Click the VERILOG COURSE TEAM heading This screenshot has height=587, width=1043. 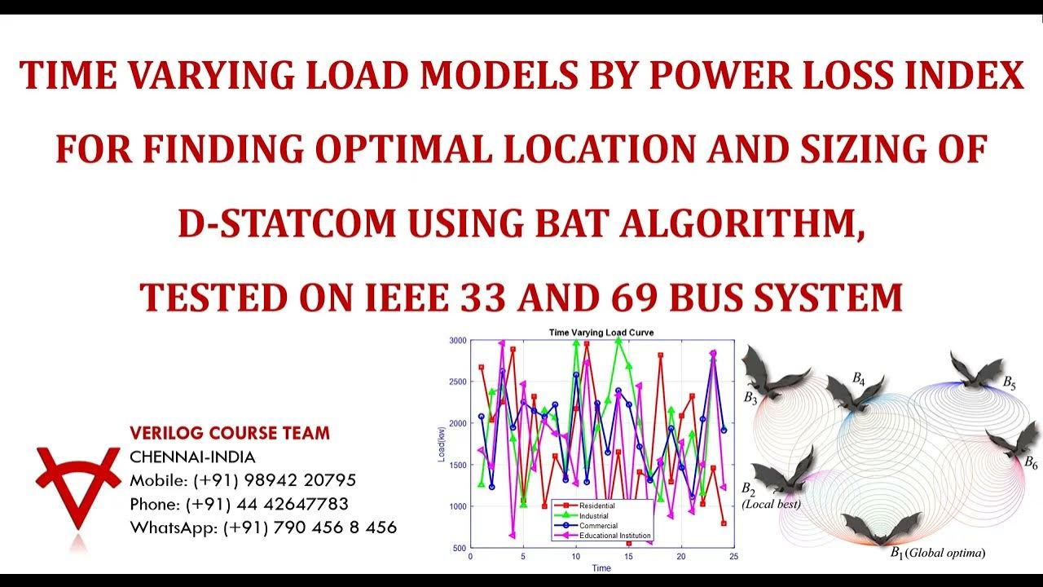tap(230, 433)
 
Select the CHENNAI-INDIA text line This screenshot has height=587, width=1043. tap(192, 457)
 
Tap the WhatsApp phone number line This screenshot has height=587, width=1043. tap(263, 527)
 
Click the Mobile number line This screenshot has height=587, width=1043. tap(243, 480)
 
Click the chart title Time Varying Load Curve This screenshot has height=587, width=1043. tap(601, 333)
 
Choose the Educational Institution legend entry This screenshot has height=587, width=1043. tap(614, 536)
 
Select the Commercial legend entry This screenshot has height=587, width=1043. tap(598, 526)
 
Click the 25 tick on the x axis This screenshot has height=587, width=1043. tap(734, 558)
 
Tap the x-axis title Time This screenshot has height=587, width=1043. tap(601, 568)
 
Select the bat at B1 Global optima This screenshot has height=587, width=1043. tap(880, 528)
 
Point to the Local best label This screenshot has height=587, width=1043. tap(771, 505)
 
